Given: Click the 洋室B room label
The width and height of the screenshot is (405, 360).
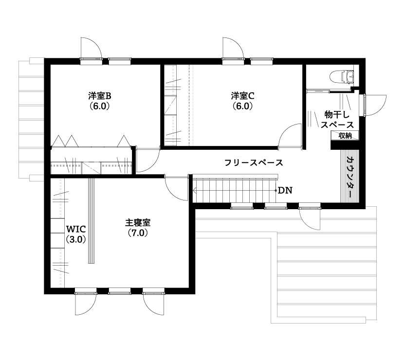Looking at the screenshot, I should tap(100, 95).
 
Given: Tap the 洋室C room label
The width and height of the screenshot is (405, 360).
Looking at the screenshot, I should tap(242, 95).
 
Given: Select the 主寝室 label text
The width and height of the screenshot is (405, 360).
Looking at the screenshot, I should tap(138, 223).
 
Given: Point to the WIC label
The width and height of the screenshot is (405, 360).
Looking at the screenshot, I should tap(76, 229).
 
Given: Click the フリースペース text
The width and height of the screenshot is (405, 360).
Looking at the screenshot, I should tap(254, 162).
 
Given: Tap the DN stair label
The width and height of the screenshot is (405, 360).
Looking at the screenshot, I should tap(285, 190).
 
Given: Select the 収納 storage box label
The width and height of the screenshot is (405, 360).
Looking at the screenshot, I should tap(345, 136).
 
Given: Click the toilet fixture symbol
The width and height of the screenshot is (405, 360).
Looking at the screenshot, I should tap(343, 77).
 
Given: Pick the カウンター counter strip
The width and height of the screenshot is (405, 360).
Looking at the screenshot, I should tap(350, 177).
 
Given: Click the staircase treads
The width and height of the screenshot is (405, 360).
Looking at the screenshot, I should tap(234, 190).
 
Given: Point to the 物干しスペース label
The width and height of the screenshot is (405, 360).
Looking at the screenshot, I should tap(333, 120).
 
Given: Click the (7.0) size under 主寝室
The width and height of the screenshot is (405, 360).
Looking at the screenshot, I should tap(138, 233).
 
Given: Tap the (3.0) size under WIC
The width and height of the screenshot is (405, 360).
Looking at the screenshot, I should tap(76, 239).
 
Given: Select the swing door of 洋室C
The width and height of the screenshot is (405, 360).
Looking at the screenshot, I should tap(290, 136).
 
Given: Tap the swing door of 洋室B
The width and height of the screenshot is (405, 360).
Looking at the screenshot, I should tap(146, 161).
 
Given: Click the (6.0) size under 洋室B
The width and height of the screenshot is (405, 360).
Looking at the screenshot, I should tap(100, 105).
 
